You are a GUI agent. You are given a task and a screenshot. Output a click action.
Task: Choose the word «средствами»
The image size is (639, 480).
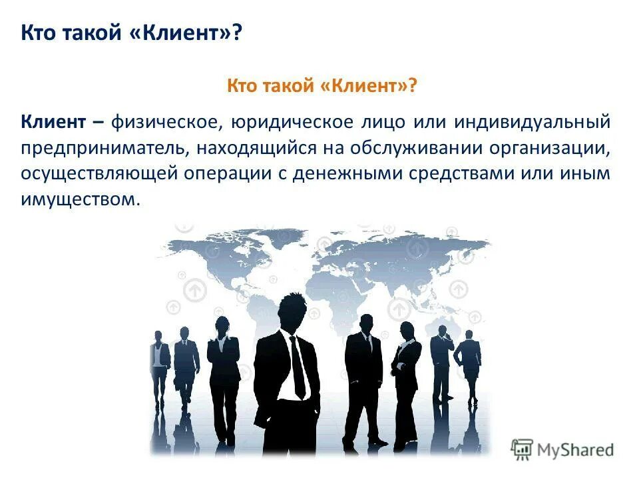465,173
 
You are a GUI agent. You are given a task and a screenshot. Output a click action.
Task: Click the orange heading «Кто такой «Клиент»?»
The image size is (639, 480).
322,85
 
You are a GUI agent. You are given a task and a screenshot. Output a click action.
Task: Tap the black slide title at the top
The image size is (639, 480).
131,33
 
